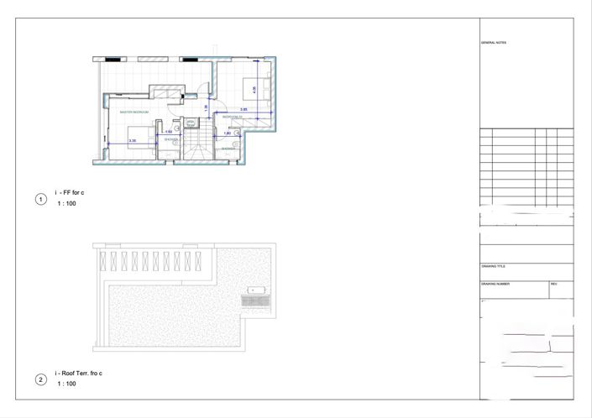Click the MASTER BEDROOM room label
point(134,112)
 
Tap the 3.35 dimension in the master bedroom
point(133,140)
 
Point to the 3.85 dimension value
point(243,110)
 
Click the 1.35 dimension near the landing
point(207,107)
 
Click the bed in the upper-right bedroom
point(255,86)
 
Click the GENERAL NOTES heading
point(494,42)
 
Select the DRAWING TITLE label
point(494,266)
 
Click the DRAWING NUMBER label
point(495,284)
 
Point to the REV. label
point(554,284)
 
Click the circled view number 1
point(40,199)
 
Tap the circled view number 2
point(40,379)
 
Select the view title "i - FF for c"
point(70,193)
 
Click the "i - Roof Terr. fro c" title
point(79,373)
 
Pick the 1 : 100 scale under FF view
point(67,204)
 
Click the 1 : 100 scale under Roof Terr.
point(67,384)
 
